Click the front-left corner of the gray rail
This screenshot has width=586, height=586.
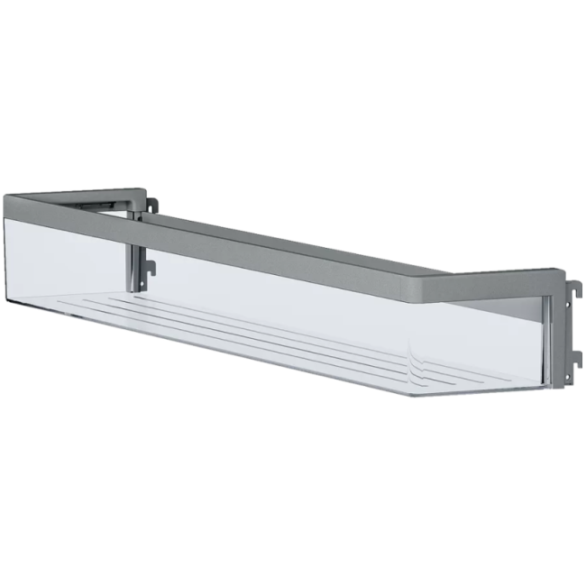point(11,204)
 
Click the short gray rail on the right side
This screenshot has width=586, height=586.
point(505,275)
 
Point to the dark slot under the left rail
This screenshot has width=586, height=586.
point(99,206)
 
